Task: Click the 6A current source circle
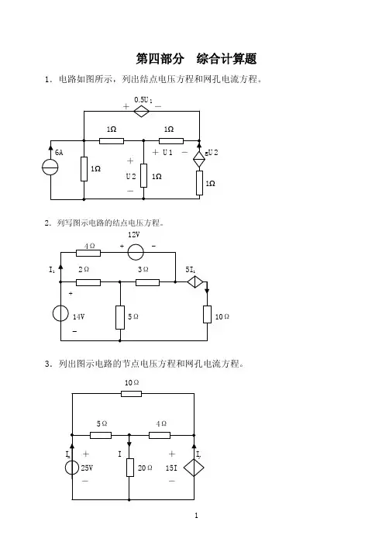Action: [50, 167]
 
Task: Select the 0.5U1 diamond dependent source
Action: [142, 112]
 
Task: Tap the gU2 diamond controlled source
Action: [199, 159]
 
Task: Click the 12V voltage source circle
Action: [136, 252]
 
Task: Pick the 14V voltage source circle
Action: [60, 313]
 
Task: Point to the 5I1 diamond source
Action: [194, 281]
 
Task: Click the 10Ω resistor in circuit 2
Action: [207, 314]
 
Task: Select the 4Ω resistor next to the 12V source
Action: [88, 253]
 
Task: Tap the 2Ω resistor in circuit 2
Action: [88, 282]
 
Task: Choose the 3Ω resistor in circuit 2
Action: [148, 282]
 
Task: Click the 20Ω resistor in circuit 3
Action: [129, 468]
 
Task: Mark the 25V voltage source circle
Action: [72, 468]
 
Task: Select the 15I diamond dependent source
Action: [194, 468]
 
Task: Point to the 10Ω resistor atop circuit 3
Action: [131, 394]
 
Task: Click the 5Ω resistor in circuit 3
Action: [101, 435]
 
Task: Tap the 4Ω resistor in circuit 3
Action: [160, 435]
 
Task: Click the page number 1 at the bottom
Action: [196, 516]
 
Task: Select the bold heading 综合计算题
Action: [227, 59]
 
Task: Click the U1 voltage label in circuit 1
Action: [168, 152]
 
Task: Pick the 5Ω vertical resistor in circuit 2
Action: [120, 317]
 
